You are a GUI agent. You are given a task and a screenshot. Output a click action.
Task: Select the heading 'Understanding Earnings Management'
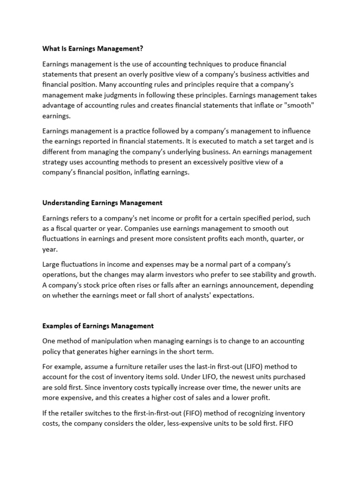[102, 203]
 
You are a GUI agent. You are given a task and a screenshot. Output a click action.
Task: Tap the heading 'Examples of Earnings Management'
[98, 325]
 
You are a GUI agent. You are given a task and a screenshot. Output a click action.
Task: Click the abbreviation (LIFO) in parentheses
[252, 366]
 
